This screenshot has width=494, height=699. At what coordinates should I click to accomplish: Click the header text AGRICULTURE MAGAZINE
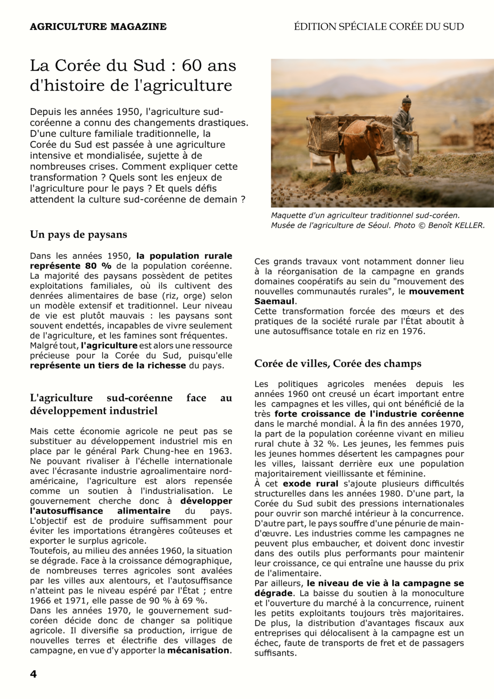(x=98, y=27)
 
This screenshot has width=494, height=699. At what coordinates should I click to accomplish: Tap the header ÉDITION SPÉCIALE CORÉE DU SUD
(x=379, y=27)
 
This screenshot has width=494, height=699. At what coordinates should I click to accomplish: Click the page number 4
(x=33, y=674)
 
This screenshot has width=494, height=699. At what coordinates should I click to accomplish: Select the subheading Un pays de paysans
(x=78, y=234)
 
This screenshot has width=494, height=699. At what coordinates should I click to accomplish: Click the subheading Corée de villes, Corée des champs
(x=338, y=364)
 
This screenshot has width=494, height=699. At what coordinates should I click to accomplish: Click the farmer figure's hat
(x=407, y=99)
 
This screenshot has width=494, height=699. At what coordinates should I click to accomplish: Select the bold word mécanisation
(x=198, y=650)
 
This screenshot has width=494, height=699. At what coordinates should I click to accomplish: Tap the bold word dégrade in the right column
(x=273, y=593)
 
